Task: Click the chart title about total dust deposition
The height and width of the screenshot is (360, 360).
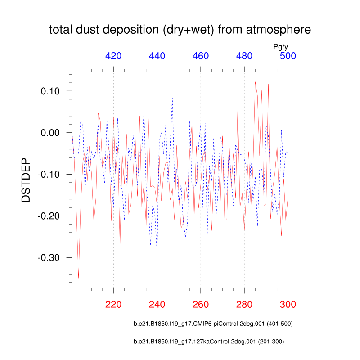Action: click(x=180, y=30)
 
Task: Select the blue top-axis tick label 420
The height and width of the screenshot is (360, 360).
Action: click(x=113, y=56)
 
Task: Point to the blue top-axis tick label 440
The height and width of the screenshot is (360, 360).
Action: click(x=157, y=56)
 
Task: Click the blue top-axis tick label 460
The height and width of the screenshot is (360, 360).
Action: click(x=201, y=56)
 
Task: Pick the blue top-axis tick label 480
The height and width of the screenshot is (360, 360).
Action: click(x=244, y=56)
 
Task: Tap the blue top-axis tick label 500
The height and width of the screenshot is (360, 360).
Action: click(x=288, y=56)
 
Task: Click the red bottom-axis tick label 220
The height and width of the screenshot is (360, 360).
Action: click(x=113, y=304)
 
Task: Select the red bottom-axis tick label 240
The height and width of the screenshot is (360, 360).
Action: click(x=157, y=304)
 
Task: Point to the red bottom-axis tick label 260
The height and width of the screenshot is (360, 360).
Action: click(x=201, y=304)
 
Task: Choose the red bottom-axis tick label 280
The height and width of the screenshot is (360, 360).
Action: click(x=244, y=304)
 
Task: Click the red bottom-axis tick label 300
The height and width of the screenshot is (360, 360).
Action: click(x=288, y=304)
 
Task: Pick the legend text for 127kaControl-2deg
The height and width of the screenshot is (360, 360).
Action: click(x=209, y=342)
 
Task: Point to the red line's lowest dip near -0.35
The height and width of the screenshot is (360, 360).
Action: click(x=79, y=278)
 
